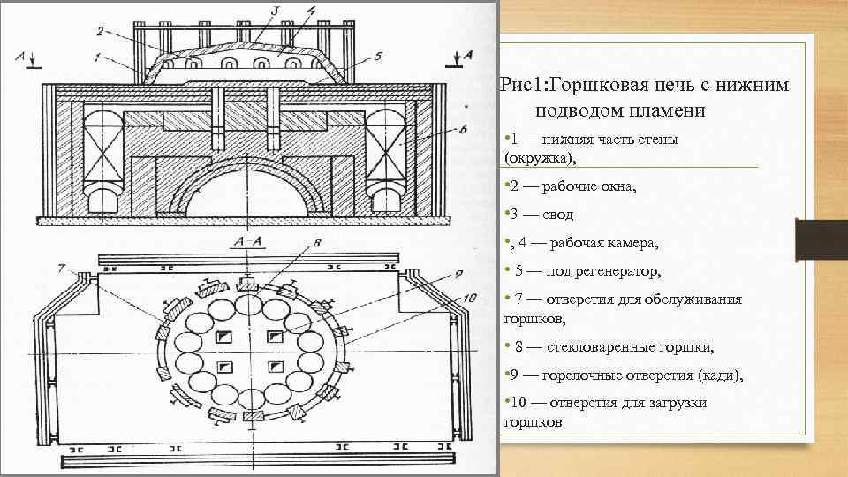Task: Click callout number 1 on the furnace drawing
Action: [96, 57]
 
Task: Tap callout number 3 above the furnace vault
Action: [275, 11]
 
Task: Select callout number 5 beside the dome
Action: [377, 57]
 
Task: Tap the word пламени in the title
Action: [670, 109]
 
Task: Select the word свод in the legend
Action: [556, 214]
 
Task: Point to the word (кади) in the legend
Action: [719, 375]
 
